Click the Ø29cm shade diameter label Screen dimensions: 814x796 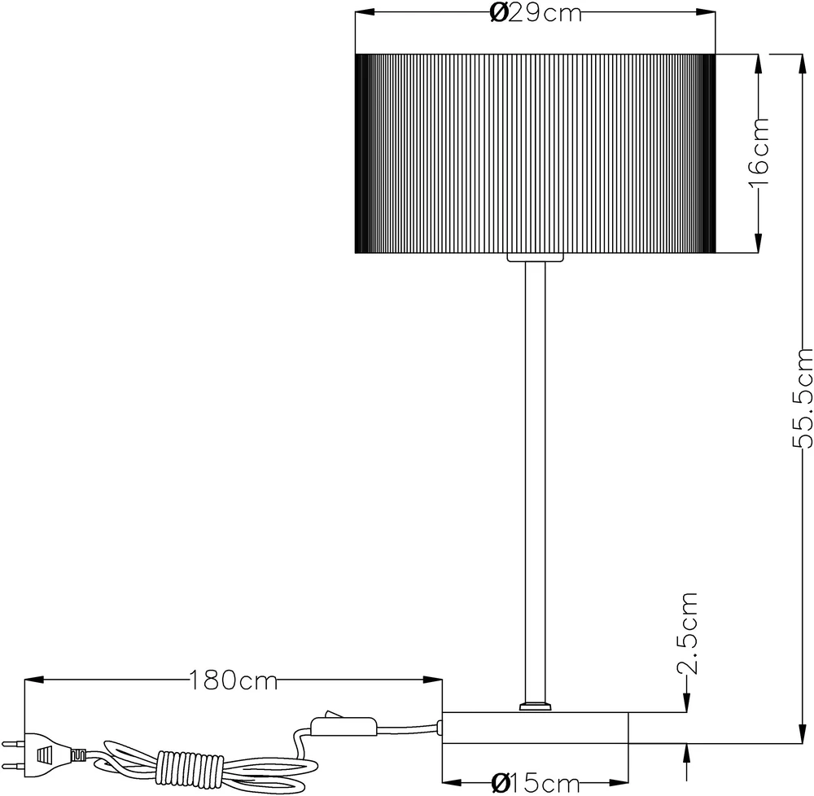(536, 14)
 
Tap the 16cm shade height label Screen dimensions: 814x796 (758, 152)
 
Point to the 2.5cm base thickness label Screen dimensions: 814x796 (689, 633)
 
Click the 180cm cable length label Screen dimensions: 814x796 (233, 680)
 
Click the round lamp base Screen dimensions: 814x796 (535, 728)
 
